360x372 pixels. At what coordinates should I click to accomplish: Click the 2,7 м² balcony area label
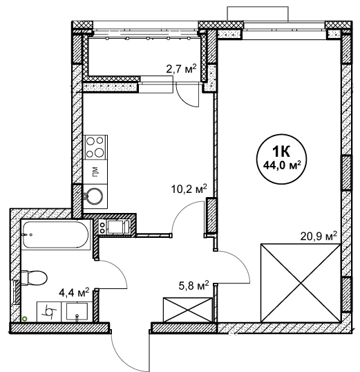click(x=182, y=69)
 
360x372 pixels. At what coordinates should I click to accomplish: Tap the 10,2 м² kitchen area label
click(x=189, y=189)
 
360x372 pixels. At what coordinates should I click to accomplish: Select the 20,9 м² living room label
click(x=319, y=236)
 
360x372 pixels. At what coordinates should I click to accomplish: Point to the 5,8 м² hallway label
click(x=193, y=286)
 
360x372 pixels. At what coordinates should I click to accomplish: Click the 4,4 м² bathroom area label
click(x=74, y=292)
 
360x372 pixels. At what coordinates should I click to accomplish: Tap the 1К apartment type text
click(x=281, y=152)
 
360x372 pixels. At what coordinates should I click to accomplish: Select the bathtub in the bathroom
click(x=56, y=234)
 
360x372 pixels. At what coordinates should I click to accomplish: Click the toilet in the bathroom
click(x=34, y=277)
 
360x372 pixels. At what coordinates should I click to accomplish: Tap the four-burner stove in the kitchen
click(x=95, y=147)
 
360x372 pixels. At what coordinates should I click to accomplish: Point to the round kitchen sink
click(x=95, y=196)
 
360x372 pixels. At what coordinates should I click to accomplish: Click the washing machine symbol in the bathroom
click(x=49, y=312)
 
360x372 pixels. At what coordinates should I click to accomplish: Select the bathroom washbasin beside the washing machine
click(x=77, y=312)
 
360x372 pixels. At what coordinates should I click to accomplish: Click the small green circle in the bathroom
click(x=24, y=319)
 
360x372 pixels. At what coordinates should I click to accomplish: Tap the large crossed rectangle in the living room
click(x=301, y=283)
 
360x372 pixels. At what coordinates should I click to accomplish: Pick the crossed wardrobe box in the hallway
click(x=187, y=310)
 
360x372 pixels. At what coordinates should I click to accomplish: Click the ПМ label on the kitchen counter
click(x=95, y=171)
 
